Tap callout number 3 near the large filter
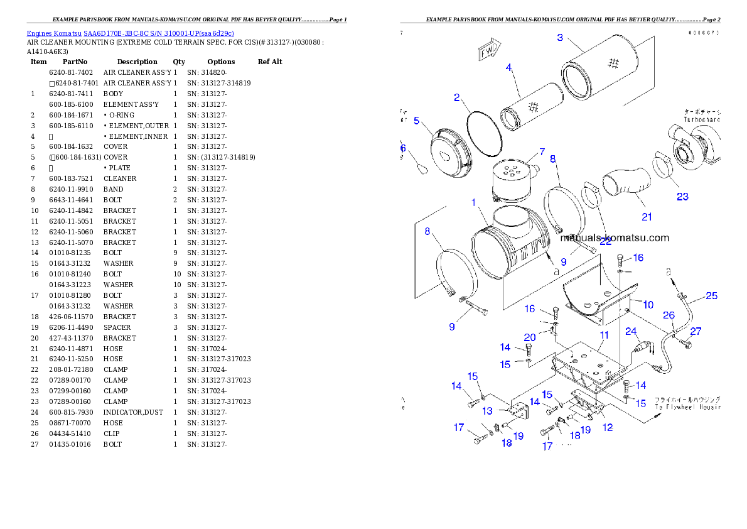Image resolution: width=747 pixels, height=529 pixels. tap(561, 38)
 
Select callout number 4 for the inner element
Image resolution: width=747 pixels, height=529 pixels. tap(509, 67)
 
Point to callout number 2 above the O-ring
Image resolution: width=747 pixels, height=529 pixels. tap(458, 97)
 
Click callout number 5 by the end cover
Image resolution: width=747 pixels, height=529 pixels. tap(417, 121)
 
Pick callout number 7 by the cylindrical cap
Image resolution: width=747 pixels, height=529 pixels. tap(541, 152)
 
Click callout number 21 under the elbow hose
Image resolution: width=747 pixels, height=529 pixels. tap(647, 217)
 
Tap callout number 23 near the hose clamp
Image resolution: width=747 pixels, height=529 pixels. tap(682, 197)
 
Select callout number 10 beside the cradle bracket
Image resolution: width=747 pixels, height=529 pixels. tap(648, 305)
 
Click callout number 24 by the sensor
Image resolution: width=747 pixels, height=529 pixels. tap(630, 331)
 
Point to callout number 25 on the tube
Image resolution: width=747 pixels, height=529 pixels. tap(711, 295)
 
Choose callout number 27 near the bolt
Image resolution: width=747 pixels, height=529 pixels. tap(696, 331)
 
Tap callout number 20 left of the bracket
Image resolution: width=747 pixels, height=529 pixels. tap(530, 337)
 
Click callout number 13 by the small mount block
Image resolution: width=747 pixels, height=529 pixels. tap(488, 411)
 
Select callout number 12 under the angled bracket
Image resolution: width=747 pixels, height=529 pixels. tap(608, 428)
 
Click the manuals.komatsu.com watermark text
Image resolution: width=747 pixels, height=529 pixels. tap(615, 238)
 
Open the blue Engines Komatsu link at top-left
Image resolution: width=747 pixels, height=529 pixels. tap(130, 33)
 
